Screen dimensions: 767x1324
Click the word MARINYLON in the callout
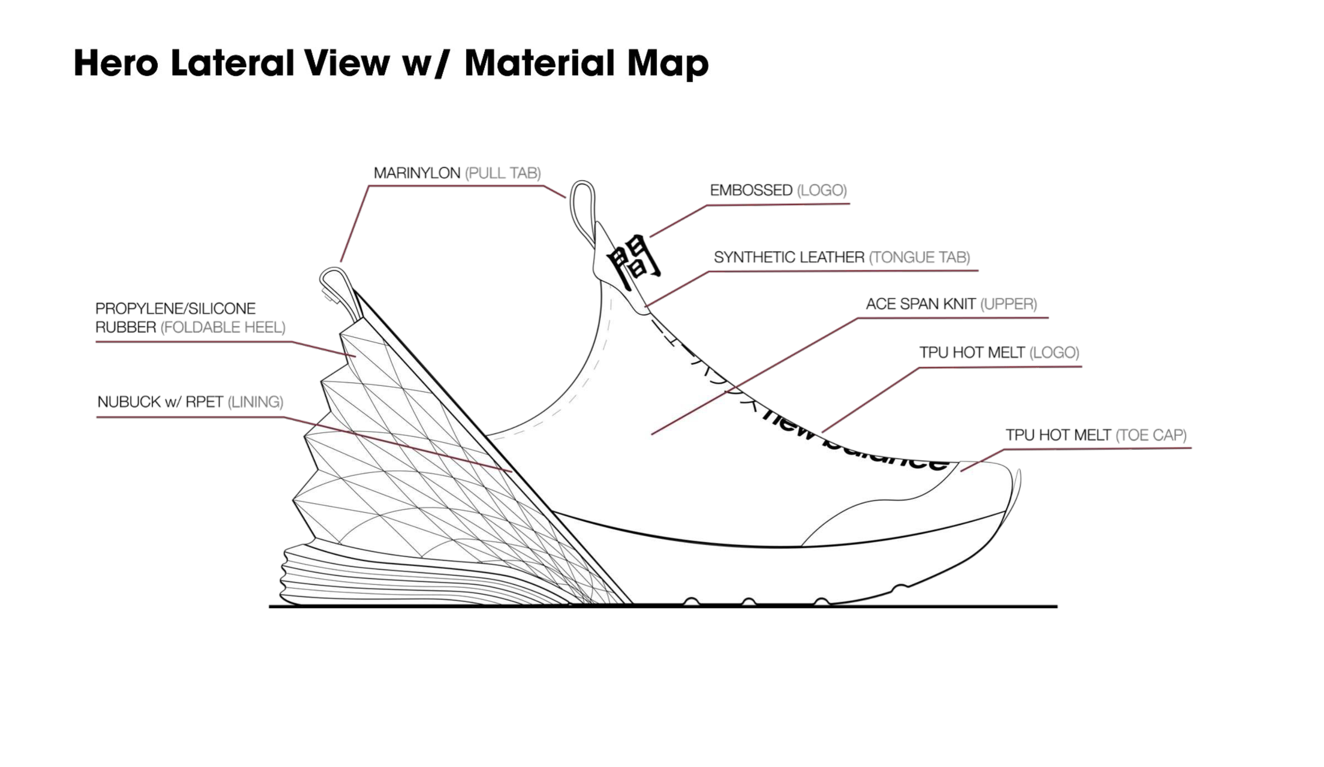417,173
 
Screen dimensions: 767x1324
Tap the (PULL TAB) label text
503,173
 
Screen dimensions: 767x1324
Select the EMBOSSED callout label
751,190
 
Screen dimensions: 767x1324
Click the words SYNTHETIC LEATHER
789,257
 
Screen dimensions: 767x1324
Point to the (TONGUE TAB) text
919,257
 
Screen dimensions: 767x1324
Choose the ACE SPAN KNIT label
920,304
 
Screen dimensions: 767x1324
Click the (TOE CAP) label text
1151,435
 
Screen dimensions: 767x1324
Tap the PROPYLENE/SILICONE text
175,308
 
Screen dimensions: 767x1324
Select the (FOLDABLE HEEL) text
223,327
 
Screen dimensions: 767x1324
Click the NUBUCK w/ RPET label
160,402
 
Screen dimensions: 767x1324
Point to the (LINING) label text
255,402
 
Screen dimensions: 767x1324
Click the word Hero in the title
116,63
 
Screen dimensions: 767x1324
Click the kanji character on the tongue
633,261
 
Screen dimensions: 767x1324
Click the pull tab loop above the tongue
583,209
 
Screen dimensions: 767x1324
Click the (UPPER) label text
1008,304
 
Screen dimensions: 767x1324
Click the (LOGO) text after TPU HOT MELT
1054,353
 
